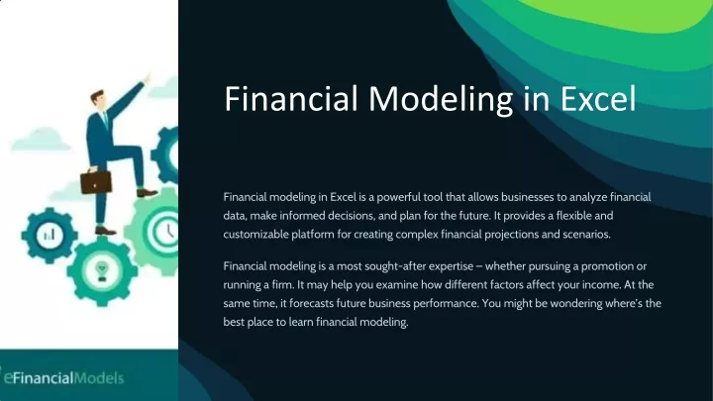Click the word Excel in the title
click(597, 99)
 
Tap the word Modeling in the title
click(441, 100)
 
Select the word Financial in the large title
click(291, 98)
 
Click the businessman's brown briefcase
click(96, 180)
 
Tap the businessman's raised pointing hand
click(147, 78)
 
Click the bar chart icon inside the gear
click(50, 235)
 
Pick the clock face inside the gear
click(166, 231)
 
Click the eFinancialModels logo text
click(63, 378)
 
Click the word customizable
click(255, 235)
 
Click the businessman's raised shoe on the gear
click(147, 193)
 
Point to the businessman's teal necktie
click(106, 119)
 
